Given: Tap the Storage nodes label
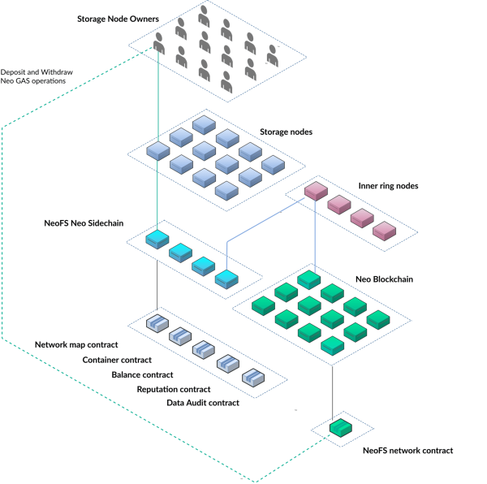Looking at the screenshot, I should (286, 131).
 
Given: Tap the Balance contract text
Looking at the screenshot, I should (142, 374).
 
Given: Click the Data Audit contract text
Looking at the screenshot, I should (202, 403).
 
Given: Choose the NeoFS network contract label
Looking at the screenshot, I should (407, 450).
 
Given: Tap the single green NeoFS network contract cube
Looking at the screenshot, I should (339, 426).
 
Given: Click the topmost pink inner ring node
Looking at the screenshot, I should (315, 192).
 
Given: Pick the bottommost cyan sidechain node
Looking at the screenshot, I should (225, 279).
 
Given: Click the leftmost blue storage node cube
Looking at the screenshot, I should (157, 150).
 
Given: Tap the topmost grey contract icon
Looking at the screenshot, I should (157, 323).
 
